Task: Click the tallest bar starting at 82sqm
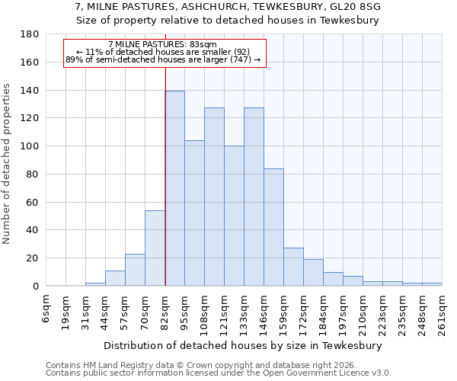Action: (x=174, y=188)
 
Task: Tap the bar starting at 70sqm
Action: (x=155, y=248)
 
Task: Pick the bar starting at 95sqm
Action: (x=194, y=213)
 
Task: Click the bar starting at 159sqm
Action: (x=293, y=267)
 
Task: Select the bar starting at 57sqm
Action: (x=135, y=270)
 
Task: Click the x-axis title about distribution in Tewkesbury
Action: (x=243, y=346)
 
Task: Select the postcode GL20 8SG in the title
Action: (x=353, y=7)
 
